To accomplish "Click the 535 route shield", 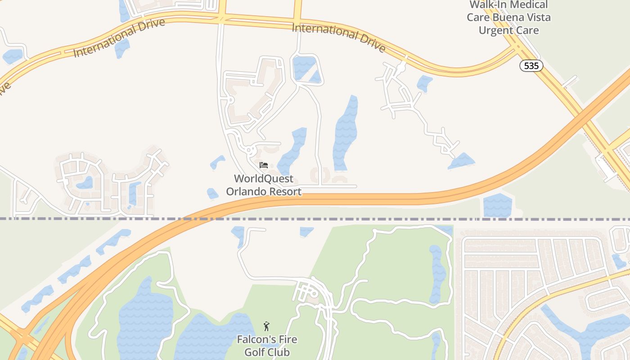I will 531,66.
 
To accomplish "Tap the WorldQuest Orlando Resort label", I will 264,185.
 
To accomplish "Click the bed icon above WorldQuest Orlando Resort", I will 264,165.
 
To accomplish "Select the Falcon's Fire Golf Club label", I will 267,345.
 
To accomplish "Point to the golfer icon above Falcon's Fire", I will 266,326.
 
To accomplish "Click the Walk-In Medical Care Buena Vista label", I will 508,18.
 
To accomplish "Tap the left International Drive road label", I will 119,38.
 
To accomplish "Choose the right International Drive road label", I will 339,38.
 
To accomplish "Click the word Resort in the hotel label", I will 284,192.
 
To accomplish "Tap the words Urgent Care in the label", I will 508,31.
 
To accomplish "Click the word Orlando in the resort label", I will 245,192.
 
